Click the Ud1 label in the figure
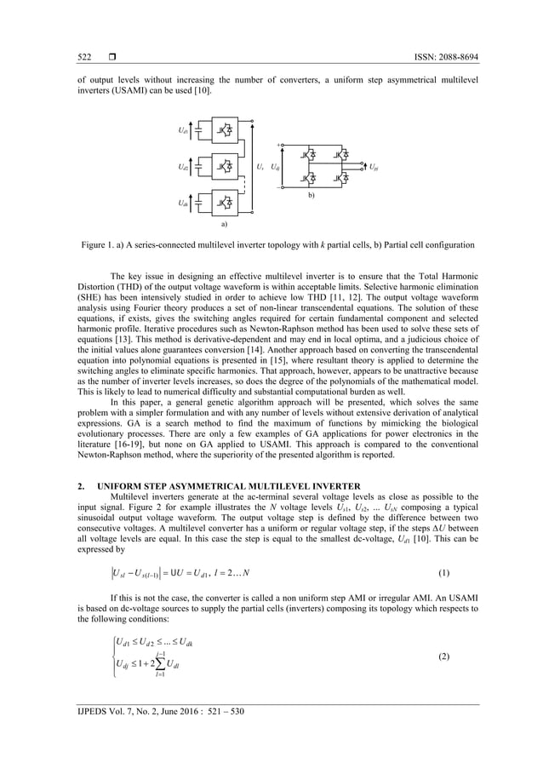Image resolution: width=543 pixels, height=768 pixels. (x=183, y=130)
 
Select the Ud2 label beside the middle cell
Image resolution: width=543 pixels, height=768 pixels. (x=183, y=167)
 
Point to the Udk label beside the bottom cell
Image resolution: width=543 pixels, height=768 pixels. (x=183, y=203)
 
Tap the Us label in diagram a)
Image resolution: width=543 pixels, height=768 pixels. (x=260, y=167)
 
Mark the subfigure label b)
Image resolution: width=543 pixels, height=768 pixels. (x=311, y=195)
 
